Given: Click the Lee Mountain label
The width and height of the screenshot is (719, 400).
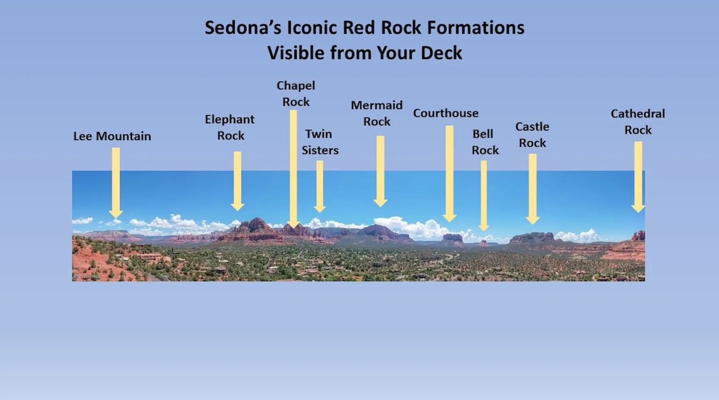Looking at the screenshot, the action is coord(112,136).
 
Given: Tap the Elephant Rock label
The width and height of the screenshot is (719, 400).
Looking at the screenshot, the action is coord(230,127).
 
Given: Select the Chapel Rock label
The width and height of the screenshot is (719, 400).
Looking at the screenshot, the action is coord(296,94).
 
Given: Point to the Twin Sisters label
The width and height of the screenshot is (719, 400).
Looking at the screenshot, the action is coord(320,142).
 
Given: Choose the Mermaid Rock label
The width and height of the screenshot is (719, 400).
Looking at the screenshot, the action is coord(377,113).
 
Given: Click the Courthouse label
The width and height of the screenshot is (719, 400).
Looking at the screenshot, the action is coord(446,113).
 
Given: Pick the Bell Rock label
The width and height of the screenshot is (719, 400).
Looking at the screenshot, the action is coord(485,142).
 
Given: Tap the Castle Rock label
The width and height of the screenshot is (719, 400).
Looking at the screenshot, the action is coord(532,135).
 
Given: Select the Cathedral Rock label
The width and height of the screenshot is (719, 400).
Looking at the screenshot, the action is coord(638,122).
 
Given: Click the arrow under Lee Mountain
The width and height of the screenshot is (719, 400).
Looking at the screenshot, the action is coord(116,183).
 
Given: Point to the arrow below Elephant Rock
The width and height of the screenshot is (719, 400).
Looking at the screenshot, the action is coord(237,181).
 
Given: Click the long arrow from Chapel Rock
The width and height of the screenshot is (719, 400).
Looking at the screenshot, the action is coord(293,169).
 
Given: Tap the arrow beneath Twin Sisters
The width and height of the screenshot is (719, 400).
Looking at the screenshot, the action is coord(320,186).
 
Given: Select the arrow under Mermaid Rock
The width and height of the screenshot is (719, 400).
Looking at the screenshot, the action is coord(380,171).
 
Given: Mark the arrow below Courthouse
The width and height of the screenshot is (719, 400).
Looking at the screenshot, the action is coord(449,174).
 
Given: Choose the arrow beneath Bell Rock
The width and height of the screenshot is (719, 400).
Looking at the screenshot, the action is coord(484,196).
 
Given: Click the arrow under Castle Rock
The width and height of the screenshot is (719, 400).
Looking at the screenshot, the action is coord(532,189).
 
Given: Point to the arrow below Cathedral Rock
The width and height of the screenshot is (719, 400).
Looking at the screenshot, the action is coord(638,177).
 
